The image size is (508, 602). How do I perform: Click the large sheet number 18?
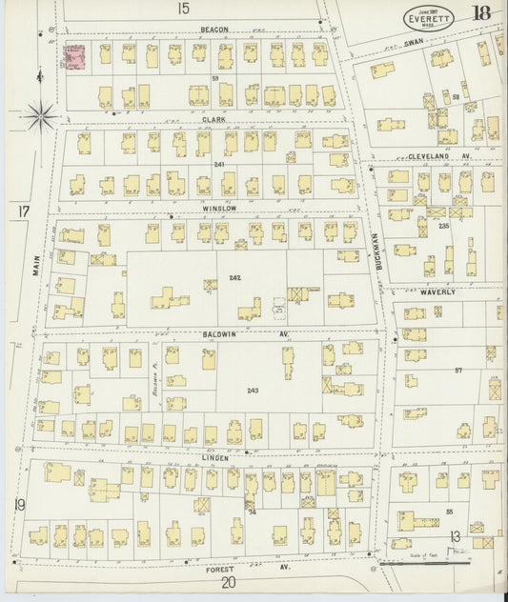(480, 13)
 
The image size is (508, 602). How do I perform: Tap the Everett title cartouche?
(429, 15)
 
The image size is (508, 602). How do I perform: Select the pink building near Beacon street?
(74, 60)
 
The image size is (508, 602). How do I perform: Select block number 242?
(235, 277)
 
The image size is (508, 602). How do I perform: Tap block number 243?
(253, 391)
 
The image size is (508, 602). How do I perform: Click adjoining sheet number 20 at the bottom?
(227, 583)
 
